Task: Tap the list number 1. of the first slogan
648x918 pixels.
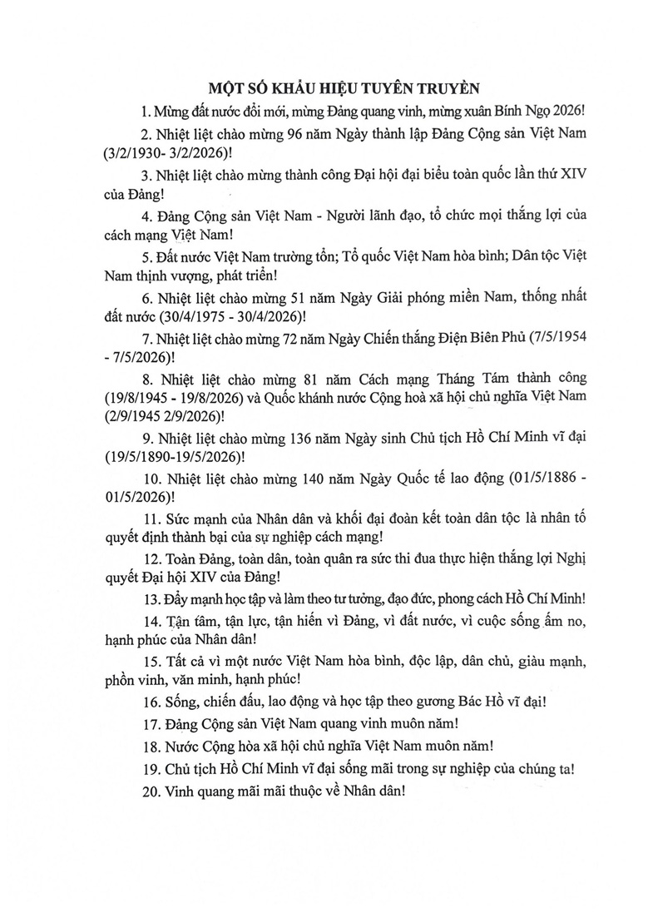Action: point(146,111)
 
